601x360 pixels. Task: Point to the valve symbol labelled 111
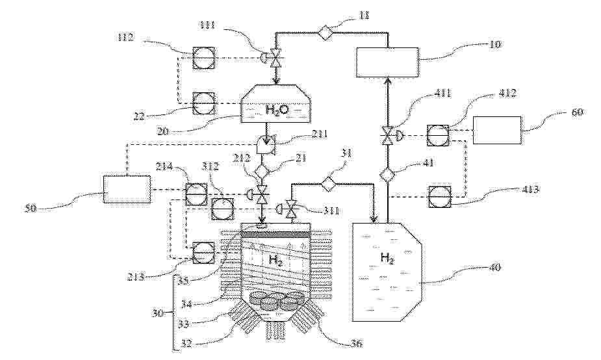[x=275, y=58]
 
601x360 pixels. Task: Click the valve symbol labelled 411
[x=388, y=136]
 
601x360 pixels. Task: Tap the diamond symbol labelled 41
[x=388, y=174]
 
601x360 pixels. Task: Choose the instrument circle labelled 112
[x=202, y=58]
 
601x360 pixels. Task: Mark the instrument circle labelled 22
[x=202, y=103]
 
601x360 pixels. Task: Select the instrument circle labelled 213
[x=203, y=251]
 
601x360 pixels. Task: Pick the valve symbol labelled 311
[x=290, y=209]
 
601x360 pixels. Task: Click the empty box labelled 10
[x=388, y=62]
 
